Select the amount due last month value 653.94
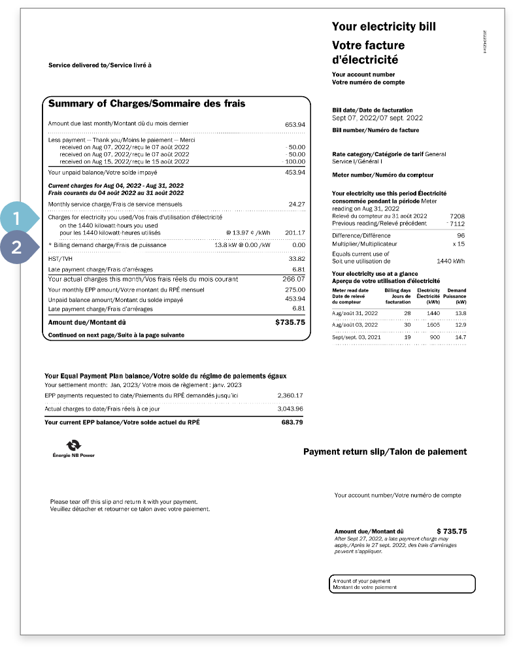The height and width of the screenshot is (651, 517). click(295, 124)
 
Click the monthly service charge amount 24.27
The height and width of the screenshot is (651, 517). click(297, 205)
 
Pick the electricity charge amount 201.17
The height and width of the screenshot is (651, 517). click(295, 233)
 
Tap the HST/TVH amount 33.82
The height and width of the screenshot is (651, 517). click(297, 259)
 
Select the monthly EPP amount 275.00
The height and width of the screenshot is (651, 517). click(295, 290)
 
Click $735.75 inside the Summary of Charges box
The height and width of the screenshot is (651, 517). click(290, 322)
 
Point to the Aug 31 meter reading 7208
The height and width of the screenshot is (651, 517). click(456, 216)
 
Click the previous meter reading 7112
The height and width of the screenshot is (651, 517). click(456, 224)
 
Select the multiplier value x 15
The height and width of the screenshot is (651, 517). click(458, 244)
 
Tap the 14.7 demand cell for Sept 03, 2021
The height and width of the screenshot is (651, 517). click(460, 337)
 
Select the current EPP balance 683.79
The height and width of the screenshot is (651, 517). click(292, 422)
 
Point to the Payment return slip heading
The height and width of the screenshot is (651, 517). click(385, 452)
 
